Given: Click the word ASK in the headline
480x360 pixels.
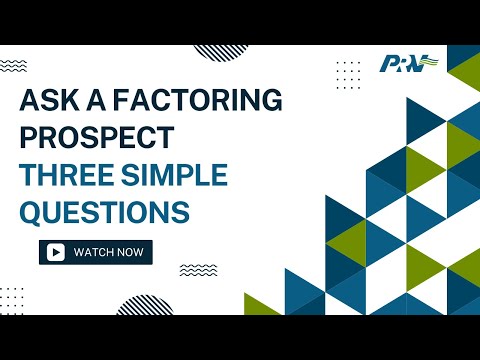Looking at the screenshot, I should coord(51,102).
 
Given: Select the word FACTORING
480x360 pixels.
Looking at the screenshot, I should coord(196,102).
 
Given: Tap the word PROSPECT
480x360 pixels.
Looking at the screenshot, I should coord(97,139).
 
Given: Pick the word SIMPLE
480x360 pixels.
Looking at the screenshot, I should coord(172,176).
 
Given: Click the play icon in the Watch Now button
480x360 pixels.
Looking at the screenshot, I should coord(57,253).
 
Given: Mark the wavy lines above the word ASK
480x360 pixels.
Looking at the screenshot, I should coord(14,66).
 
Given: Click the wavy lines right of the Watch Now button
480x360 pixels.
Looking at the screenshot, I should coord(197,270).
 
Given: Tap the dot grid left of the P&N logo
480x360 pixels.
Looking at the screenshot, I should coord(348,74).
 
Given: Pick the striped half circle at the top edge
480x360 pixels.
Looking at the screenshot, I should coord(222,51).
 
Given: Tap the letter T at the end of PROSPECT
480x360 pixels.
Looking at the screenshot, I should coord(166,139).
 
